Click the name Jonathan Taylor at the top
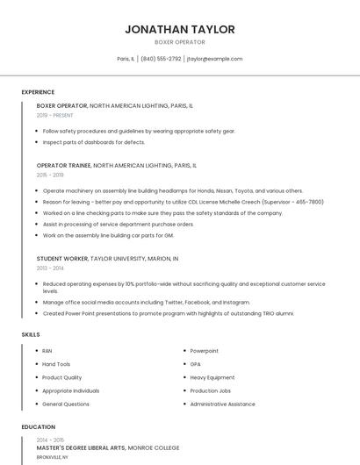(180, 29)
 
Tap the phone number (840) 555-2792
(161, 59)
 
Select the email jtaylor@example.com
(214, 59)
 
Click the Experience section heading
(38, 92)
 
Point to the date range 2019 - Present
(54, 115)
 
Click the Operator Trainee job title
(62, 165)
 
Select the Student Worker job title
(61, 259)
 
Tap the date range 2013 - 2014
(49, 268)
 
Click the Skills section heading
(31, 334)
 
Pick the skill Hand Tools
(56, 364)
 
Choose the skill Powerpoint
(205, 351)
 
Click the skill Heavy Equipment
(212, 377)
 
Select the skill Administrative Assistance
(222, 404)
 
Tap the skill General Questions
(66, 404)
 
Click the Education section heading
(38, 427)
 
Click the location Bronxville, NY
(52, 457)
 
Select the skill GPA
(196, 364)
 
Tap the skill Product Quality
(61, 377)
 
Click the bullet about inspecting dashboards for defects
(94, 142)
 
